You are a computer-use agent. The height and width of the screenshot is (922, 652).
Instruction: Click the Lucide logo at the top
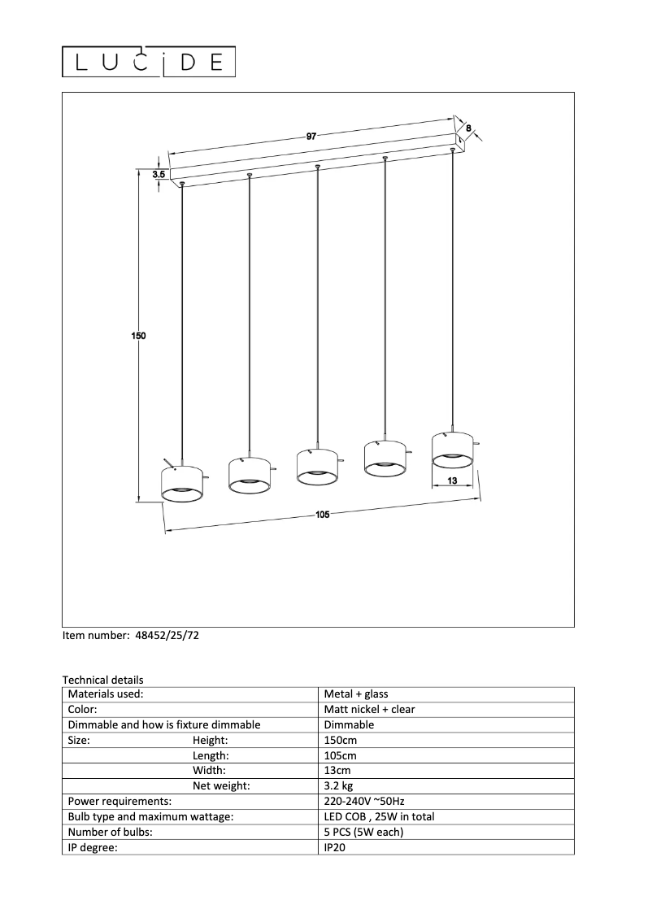click(150, 61)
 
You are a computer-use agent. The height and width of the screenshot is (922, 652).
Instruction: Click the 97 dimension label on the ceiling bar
click(311, 137)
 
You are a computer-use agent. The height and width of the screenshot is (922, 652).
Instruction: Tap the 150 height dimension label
click(138, 335)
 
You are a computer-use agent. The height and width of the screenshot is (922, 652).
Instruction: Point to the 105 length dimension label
click(323, 515)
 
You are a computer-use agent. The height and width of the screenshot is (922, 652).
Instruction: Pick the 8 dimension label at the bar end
click(468, 127)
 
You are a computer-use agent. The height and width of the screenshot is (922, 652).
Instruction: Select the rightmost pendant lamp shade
click(452, 450)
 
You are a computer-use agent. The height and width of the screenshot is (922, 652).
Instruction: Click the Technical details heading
click(102, 680)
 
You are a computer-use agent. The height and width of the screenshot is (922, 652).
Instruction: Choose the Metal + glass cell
click(356, 694)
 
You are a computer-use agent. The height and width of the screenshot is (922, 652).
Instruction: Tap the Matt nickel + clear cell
click(369, 709)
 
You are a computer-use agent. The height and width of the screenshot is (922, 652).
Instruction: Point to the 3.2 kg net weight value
click(338, 786)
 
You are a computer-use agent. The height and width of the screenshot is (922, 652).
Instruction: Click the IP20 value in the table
click(334, 848)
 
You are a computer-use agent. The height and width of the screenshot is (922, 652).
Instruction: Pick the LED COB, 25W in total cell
click(379, 817)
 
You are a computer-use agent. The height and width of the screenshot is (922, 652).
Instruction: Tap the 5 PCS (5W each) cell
click(363, 833)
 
